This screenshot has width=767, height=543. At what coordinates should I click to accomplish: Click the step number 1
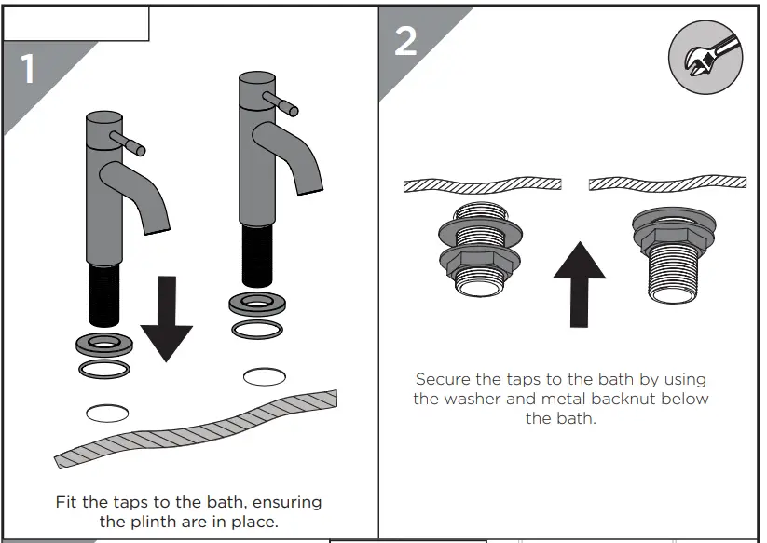pyautogui.click(x=28, y=69)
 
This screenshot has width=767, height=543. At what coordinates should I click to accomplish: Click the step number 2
pyautogui.click(x=405, y=41)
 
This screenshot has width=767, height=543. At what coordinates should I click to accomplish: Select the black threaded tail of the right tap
pyautogui.click(x=257, y=255)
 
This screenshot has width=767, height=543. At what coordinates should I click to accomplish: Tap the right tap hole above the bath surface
pyautogui.click(x=264, y=376)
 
